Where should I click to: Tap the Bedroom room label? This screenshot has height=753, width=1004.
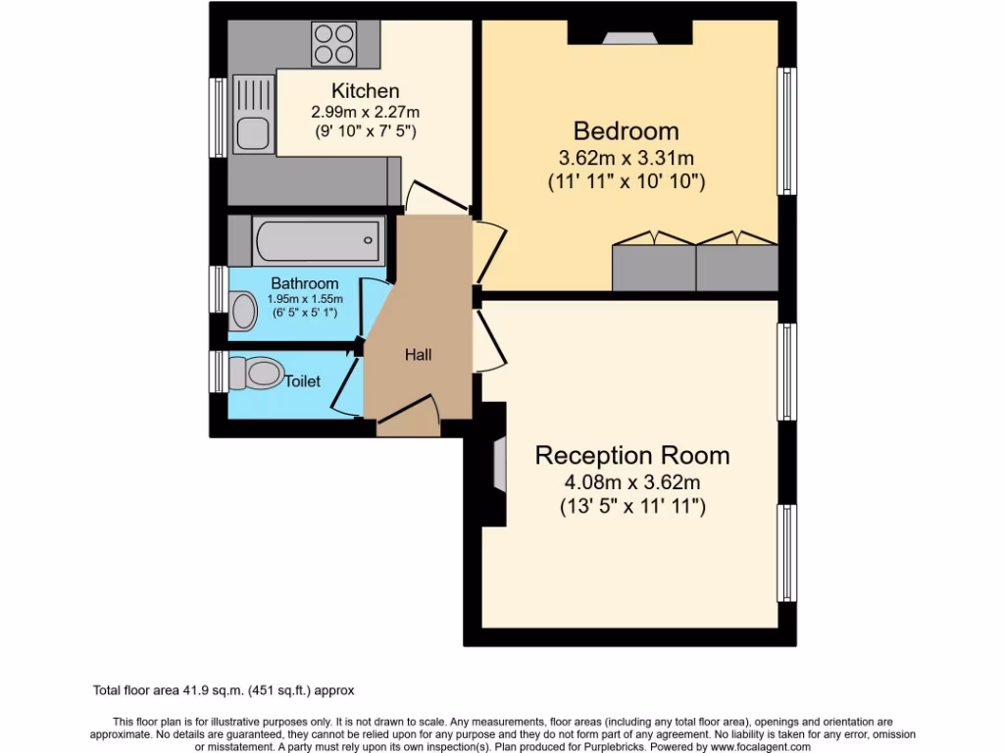(626, 130)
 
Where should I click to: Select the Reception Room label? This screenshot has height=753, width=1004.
(631, 455)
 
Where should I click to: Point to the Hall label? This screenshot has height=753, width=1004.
(419, 355)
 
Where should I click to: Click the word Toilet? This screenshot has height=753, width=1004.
(302, 381)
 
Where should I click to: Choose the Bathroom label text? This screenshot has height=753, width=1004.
(305, 283)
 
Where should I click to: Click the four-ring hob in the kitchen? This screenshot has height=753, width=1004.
(332, 43)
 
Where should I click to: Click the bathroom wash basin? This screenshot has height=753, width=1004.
(241, 313)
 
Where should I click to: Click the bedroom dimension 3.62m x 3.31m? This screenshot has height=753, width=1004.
(626, 157)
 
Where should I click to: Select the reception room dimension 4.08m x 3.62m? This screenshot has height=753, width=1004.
(631, 481)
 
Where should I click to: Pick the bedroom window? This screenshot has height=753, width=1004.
(785, 130)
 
